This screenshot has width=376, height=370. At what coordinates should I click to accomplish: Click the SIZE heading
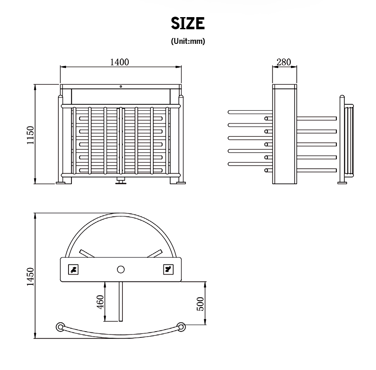click(x=188, y=23)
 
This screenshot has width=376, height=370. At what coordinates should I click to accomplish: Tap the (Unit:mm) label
click(x=188, y=41)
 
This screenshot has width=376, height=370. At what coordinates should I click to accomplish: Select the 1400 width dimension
click(x=119, y=62)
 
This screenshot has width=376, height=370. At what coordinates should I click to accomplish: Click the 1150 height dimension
click(x=30, y=135)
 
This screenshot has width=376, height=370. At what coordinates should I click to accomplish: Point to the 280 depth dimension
click(x=284, y=62)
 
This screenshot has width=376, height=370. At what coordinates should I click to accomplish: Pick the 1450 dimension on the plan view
click(x=30, y=276)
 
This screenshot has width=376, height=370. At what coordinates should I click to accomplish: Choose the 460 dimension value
click(x=100, y=302)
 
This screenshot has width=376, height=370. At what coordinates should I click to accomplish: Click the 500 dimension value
click(x=200, y=304)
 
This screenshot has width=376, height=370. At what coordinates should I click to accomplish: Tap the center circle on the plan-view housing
click(x=121, y=269)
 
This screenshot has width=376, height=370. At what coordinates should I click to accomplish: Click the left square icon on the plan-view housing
click(x=74, y=269)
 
